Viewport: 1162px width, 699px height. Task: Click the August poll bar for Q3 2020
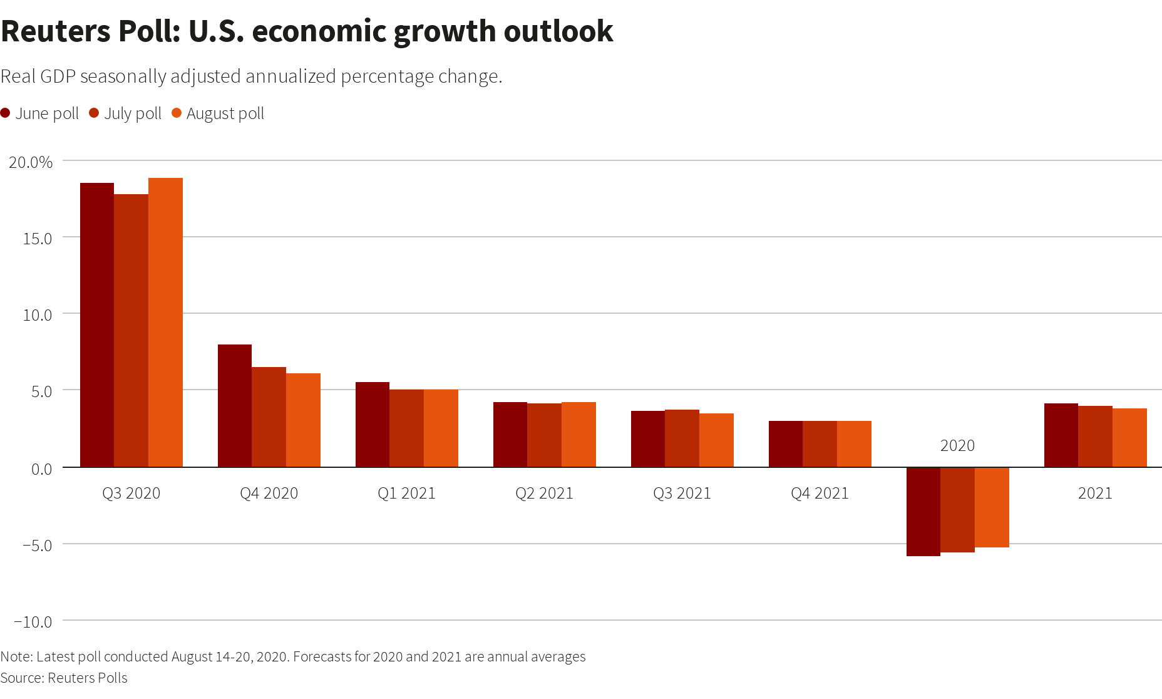coord(165,323)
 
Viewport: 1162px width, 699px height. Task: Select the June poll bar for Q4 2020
coord(235,406)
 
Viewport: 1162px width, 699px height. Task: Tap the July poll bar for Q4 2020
coord(269,417)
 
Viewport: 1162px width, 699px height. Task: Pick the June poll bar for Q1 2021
coord(373,425)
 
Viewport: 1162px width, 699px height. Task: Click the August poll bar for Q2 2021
coord(578,435)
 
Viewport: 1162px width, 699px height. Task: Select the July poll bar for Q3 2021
coord(682,438)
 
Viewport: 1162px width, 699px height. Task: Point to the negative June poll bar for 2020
coord(923,512)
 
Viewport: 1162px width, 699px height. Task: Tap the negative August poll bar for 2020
coord(992,507)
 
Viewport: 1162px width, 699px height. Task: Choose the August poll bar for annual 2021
coord(1129,438)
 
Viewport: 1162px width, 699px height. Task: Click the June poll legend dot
coord(6,113)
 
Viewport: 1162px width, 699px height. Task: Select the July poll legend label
coord(133,113)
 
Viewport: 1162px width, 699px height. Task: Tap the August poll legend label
coord(225,113)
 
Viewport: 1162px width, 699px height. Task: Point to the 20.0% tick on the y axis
coord(31,162)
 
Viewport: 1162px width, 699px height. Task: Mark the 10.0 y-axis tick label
coord(37,315)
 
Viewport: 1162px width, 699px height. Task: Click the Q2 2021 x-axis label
coord(544,494)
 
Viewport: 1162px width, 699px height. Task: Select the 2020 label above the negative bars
coord(957,445)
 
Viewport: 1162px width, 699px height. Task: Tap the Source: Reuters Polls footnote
coord(64,678)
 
